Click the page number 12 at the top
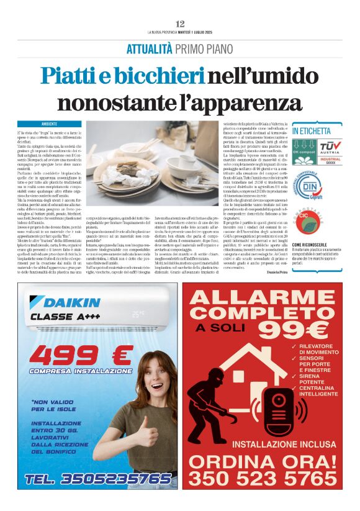[x=180, y=24]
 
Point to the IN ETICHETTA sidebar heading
[x=311, y=132]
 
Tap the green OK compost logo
[x=305, y=152]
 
